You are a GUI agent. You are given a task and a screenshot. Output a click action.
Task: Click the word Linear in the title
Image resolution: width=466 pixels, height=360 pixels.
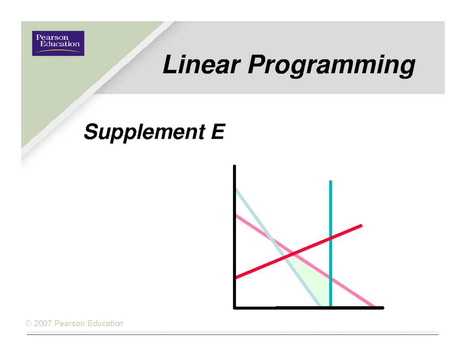click(202, 64)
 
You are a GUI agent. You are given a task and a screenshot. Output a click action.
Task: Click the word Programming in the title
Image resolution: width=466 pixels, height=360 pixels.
click(331, 66)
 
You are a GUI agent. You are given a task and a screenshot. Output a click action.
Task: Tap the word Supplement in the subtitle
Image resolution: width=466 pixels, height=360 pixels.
click(144, 132)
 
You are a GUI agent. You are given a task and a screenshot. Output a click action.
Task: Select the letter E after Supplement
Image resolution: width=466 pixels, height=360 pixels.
click(218, 132)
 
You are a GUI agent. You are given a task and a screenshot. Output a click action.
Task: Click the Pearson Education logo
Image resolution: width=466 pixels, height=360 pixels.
click(58, 43)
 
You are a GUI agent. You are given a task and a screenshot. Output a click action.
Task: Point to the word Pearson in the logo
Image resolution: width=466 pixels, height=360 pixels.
click(52, 37)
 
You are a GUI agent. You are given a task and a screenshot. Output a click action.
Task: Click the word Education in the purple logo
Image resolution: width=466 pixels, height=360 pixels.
click(60, 44)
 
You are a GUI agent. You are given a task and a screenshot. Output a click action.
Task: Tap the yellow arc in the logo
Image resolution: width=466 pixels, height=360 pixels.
click(58, 51)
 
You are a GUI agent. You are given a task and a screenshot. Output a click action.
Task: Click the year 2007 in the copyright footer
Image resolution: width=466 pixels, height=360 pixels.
click(43, 323)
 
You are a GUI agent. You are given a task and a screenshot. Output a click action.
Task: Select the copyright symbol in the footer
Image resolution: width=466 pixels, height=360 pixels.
click(28, 323)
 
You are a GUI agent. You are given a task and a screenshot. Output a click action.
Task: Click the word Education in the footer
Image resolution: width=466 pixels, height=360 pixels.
click(105, 323)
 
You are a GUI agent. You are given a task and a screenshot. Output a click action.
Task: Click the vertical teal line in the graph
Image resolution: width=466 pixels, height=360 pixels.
click(330, 243)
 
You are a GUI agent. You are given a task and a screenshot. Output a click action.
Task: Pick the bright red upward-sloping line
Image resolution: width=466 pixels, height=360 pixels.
click(299, 252)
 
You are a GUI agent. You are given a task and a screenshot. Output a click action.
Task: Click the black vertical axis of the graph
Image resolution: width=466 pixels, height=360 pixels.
click(235, 237)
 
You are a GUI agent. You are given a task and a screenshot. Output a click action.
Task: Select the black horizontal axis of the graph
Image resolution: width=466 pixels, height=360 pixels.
click(309, 308)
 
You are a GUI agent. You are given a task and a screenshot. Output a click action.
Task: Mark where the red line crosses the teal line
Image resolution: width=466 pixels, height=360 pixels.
click(330, 238)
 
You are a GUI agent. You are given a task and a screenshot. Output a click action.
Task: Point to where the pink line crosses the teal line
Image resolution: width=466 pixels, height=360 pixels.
click(330, 278)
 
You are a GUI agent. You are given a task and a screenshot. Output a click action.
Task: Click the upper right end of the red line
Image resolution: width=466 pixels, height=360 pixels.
click(362, 225)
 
